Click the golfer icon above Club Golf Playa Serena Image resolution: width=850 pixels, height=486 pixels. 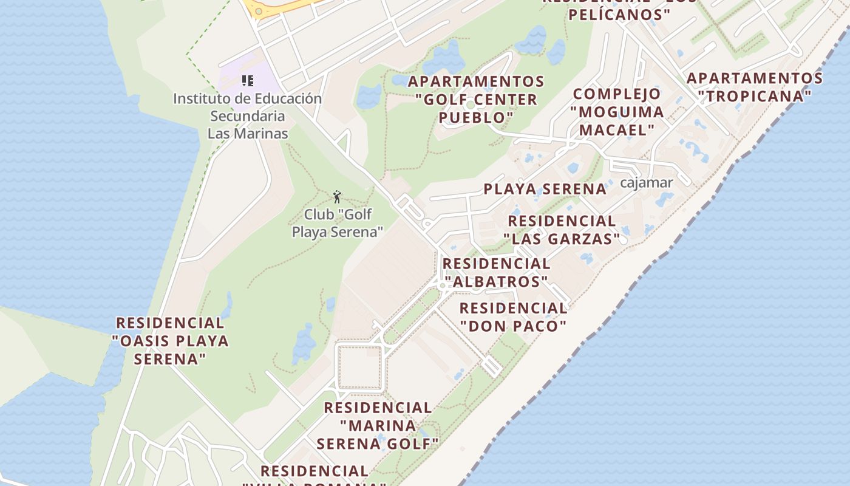click(337, 197)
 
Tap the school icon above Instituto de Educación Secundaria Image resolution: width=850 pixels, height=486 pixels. click(247, 80)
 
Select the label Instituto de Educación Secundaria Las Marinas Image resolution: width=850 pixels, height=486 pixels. click(248, 115)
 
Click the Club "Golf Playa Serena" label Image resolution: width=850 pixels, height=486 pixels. click(338, 223)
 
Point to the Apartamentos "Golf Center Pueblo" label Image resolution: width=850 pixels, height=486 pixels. click(476, 99)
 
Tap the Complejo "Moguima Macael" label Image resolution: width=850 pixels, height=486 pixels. click(617, 112)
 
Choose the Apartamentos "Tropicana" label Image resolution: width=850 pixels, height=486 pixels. click(754, 87)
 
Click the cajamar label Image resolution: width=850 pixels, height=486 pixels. click(646, 182)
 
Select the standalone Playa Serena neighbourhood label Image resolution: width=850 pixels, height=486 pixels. click(545, 189)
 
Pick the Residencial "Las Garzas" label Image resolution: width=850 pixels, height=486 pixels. click(562, 230)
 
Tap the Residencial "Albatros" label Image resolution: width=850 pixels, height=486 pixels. click(496, 273)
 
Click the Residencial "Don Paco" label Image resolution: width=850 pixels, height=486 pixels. click(513, 317)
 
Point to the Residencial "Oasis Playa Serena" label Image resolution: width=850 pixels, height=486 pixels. click(170, 340)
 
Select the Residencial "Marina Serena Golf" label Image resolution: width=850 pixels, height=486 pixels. click(378, 425)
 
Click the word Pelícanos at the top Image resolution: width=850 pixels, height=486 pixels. click(619, 14)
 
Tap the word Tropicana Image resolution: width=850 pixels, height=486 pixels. click(754, 96)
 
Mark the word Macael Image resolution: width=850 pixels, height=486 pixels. click(617, 130)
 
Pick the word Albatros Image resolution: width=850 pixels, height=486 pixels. click(496, 282)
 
